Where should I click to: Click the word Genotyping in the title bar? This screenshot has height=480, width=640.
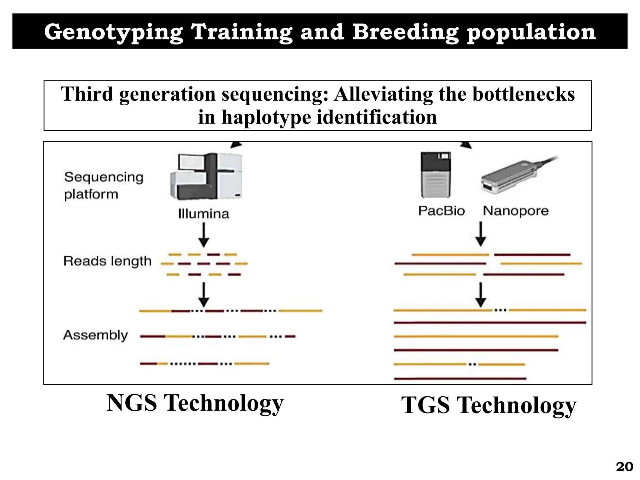point(113,32)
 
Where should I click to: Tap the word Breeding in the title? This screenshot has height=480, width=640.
point(406,32)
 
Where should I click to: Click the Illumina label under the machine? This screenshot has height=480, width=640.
point(203,214)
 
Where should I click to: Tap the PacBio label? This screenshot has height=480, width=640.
point(441,211)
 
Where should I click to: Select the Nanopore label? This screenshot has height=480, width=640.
point(516,211)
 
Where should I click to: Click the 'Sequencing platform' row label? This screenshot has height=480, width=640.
point(103,186)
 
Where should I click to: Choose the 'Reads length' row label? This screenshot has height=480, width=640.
point(107,261)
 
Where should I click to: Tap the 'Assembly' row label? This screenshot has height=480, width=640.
point(96,335)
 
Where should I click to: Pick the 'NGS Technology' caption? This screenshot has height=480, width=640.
point(195,403)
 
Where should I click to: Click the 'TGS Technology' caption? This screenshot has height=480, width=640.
point(488,405)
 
